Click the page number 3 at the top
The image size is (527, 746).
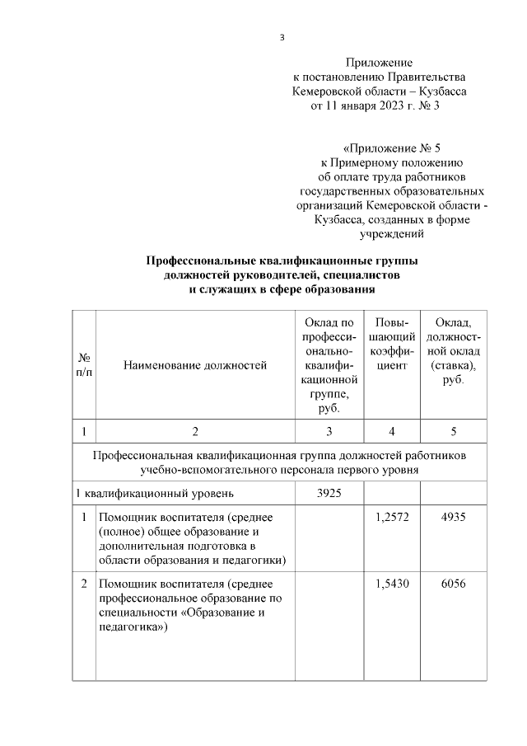[282, 37]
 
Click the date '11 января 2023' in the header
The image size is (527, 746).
[364, 106]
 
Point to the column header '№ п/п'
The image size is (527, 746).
[84, 365]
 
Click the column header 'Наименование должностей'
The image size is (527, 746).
[195, 365]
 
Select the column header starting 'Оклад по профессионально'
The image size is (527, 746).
[329, 365]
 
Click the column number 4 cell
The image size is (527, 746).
[391, 431]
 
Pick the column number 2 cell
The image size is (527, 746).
[195, 431]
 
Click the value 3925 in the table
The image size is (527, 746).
[329, 494]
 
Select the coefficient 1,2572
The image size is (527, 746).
[391, 517]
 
